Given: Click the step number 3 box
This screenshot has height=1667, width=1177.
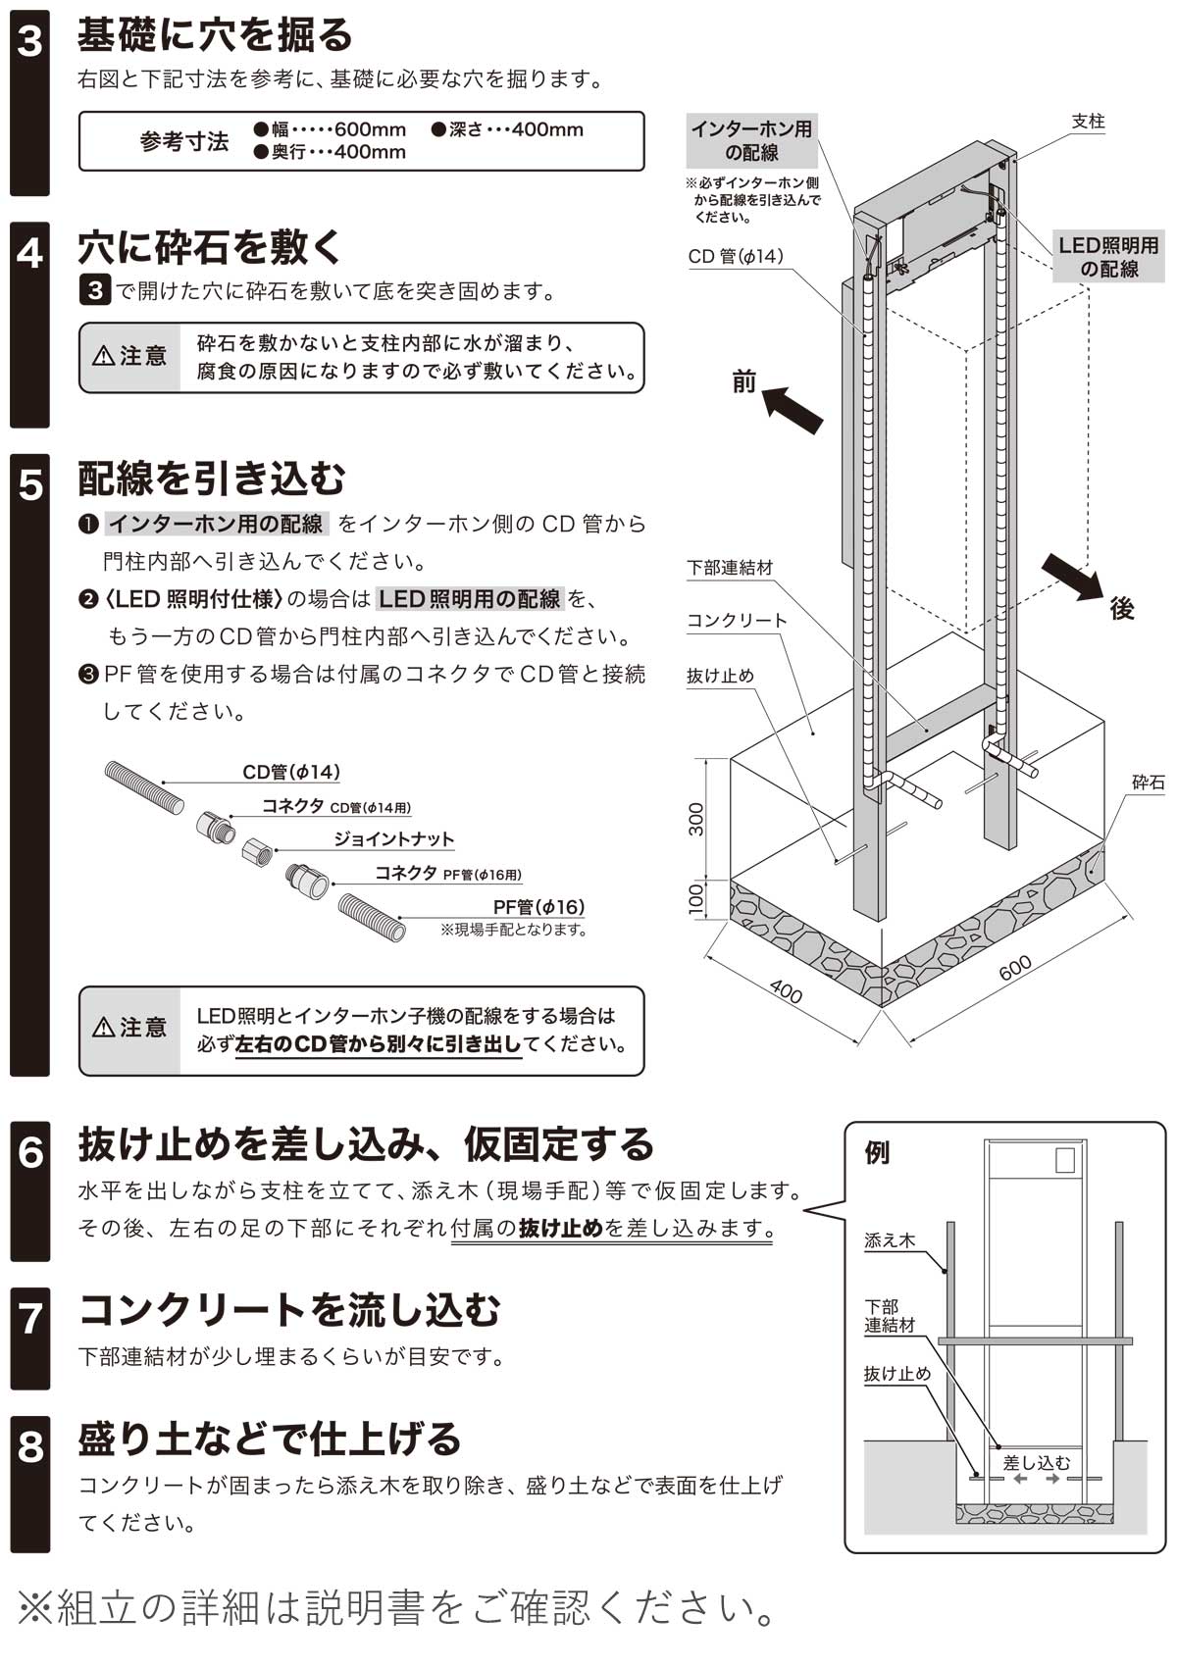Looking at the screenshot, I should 29,41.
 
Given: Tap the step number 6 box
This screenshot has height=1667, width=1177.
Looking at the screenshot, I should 29,1153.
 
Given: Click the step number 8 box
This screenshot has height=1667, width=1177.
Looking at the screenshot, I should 29,1446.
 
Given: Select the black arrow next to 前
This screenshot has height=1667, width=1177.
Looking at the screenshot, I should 792,408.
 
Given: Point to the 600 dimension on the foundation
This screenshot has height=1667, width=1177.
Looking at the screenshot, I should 1015,968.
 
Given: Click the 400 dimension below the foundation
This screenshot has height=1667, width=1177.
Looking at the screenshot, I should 786,992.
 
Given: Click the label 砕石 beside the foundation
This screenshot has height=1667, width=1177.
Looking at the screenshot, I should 1148,783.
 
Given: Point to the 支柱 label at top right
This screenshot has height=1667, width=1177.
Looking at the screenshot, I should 1088,122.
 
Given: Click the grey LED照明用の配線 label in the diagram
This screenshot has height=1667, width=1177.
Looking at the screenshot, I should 1108,257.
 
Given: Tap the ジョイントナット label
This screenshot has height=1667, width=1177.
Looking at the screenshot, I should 393,839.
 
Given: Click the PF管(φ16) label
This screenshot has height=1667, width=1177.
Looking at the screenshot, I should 538,907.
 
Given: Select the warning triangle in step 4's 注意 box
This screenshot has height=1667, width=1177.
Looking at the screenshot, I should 103,357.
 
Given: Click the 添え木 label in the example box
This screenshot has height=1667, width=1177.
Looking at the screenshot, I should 889,1240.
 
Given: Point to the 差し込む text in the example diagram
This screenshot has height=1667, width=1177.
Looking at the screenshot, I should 1036,1462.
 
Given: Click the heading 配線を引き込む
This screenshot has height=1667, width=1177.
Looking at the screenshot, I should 212,479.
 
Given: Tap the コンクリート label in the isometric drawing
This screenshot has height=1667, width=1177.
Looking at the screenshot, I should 736,621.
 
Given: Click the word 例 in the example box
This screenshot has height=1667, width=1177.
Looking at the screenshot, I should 877,1152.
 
